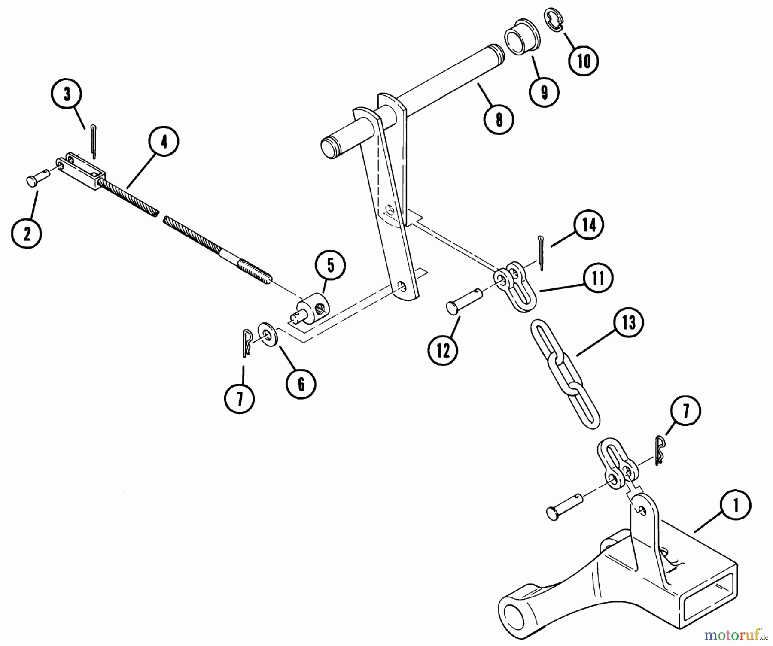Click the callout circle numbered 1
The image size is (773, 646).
click(736, 506)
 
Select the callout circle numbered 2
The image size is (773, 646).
click(27, 234)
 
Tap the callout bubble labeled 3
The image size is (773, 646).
click(67, 95)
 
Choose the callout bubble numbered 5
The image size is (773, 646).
click(330, 266)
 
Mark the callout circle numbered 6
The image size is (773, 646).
click(301, 384)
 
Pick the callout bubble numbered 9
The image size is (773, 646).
click(544, 92)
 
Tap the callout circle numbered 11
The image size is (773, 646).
click(598, 278)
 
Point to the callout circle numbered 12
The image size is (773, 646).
click(443, 351)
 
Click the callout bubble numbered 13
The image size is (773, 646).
click(629, 322)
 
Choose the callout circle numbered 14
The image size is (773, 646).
click(589, 224)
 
